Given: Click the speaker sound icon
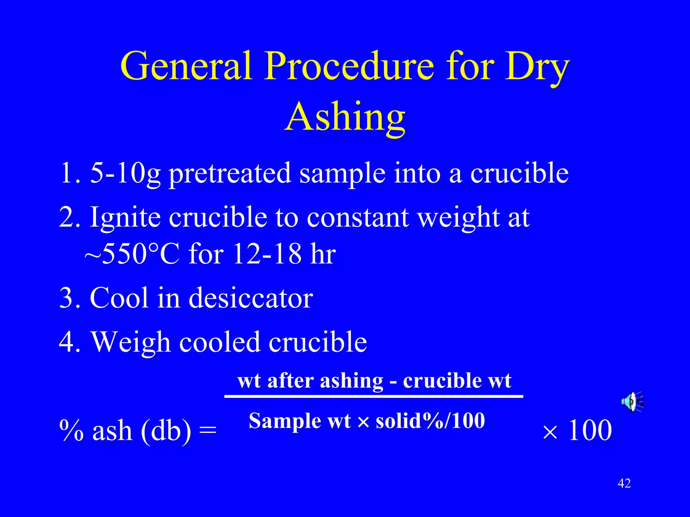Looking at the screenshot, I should point(632,401).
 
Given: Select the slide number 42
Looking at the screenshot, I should point(624,483).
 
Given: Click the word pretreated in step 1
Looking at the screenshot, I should point(230,173).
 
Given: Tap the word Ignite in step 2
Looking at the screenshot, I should point(125,218).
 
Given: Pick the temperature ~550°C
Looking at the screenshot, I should point(131,254).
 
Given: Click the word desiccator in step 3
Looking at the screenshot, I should point(251,298).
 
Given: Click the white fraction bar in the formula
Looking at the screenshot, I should point(373,397).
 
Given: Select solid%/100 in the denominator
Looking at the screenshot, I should point(430,421).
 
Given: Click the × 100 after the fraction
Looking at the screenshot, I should point(577,431).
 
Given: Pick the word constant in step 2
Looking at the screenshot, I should point(358,218).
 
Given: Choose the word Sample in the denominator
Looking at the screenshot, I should point(285,421).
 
